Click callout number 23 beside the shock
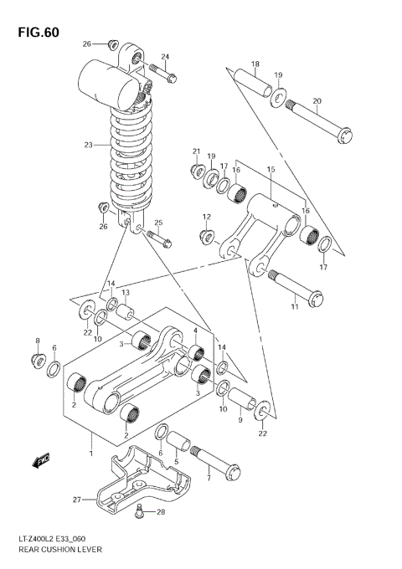(x=88, y=145)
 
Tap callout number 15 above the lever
(x=271, y=170)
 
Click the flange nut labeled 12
(x=207, y=237)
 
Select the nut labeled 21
(x=198, y=170)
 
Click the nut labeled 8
(x=37, y=361)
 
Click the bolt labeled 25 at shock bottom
(x=160, y=238)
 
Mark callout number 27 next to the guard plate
(x=76, y=500)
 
